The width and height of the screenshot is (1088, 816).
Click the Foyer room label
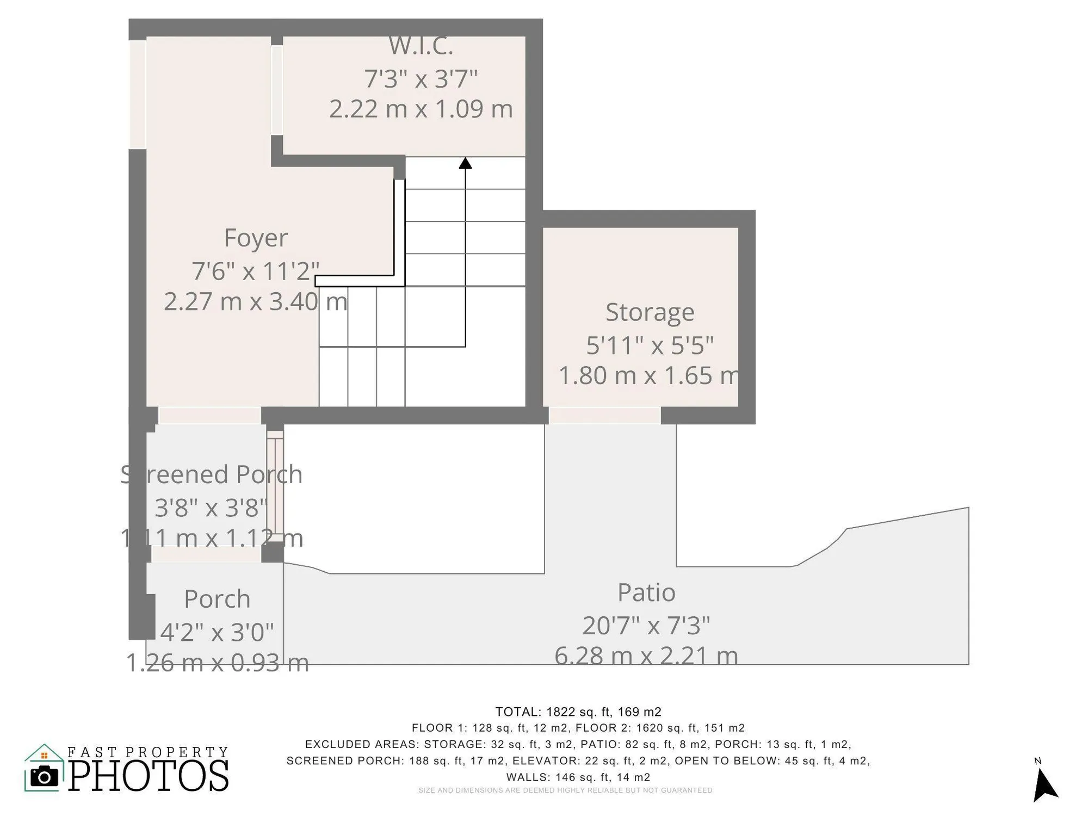[x=256, y=238]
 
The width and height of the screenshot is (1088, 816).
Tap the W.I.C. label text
[x=421, y=47]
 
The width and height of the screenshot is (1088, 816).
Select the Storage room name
[x=650, y=312]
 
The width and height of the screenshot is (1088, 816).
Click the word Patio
[x=646, y=592]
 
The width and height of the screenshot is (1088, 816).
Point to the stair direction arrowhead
[x=465, y=163]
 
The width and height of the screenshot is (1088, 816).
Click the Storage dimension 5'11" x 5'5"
[x=650, y=345]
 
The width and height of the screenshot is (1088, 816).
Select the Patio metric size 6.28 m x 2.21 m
[x=646, y=656]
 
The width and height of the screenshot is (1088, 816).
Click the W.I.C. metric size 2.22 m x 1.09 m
[x=421, y=109]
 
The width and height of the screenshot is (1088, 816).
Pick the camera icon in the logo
[x=44, y=776]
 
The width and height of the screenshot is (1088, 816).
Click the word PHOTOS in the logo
[x=149, y=776]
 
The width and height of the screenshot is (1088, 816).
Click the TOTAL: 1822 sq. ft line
[x=578, y=712]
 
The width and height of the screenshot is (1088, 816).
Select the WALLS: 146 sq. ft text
[x=578, y=777]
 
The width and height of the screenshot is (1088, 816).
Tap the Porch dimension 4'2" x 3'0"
[x=217, y=632]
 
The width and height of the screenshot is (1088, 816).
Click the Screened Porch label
[x=211, y=474]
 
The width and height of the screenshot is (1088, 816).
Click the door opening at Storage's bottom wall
[x=604, y=416]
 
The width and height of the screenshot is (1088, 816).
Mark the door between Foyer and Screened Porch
[x=209, y=416]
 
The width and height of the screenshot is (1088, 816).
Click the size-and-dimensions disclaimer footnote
[x=565, y=790]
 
